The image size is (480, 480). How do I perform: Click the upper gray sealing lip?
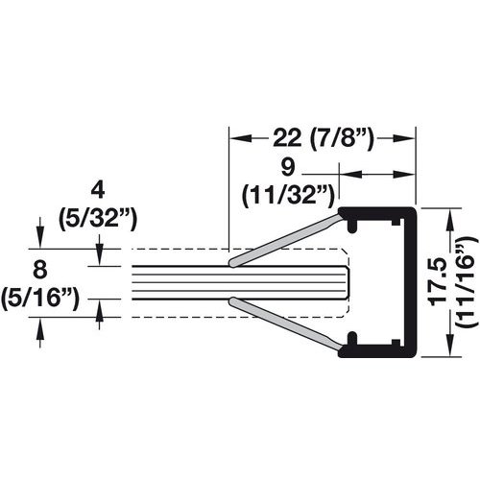point(288,236)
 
